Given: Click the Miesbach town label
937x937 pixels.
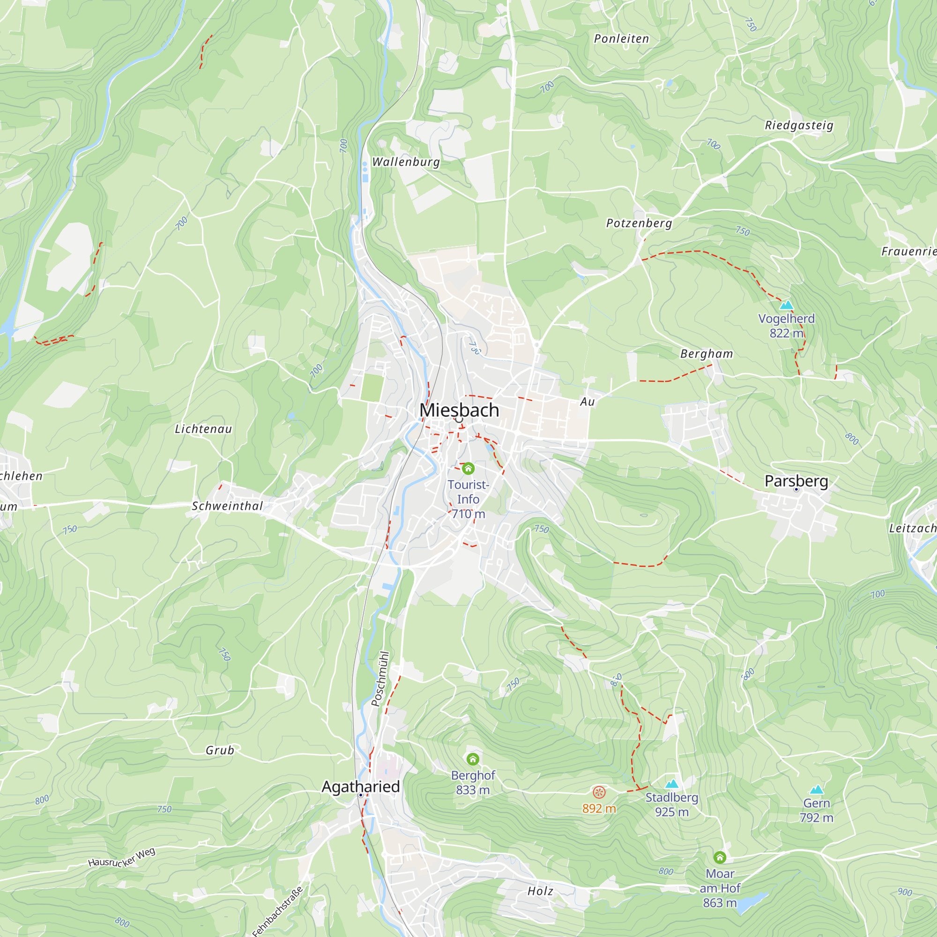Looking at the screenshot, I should (459, 410).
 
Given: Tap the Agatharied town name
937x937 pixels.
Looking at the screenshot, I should (360, 787).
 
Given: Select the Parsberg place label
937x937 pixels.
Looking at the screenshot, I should (796, 481).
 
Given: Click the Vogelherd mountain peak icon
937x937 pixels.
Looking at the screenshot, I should (786, 305).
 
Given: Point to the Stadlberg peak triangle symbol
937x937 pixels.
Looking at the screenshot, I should (671, 784).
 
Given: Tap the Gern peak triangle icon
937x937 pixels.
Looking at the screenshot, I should (817, 789).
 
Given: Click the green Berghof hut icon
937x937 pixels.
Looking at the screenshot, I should (473, 759).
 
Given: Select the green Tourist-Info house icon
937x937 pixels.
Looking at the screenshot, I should (468, 468).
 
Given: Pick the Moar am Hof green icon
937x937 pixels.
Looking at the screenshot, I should (720, 857).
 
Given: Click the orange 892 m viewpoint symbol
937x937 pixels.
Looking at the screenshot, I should (599, 793).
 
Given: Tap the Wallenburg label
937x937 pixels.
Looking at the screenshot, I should (406, 162).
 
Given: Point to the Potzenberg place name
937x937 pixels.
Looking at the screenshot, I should (639, 223).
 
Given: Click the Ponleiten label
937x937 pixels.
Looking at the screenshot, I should (621, 39).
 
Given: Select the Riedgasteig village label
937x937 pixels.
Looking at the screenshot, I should (799, 125).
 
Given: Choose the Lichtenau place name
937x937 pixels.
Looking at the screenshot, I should (203, 429).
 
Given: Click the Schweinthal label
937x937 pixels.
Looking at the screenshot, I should (227, 506).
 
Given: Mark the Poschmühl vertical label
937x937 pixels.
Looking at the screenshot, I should (380, 678).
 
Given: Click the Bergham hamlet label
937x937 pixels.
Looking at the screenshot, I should (706, 354).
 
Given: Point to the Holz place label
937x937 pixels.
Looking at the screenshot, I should (540, 891).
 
